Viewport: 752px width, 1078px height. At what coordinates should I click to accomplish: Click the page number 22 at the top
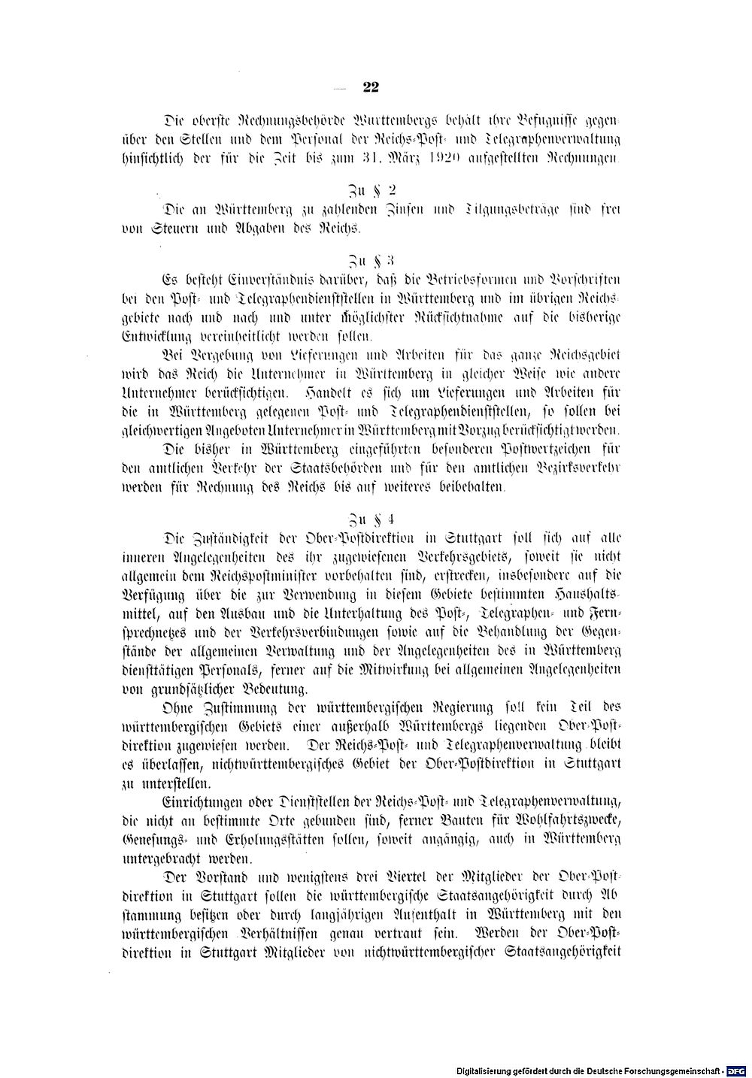370,87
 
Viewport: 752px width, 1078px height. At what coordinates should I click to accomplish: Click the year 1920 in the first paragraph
432,157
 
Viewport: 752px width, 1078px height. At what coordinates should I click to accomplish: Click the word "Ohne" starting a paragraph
177,707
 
